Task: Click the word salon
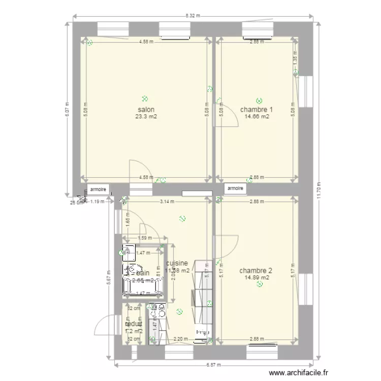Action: pyautogui.click(x=145, y=109)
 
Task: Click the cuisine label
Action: pyautogui.click(x=177, y=264)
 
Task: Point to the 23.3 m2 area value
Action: pyautogui.click(x=145, y=116)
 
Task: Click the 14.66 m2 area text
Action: pyautogui.click(x=257, y=116)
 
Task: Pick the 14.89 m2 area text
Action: pyautogui.click(x=257, y=277)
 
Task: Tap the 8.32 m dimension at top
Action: pyautogui.click(x=193, y=16)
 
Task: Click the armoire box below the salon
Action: pyautogui.click(x=99, y=189)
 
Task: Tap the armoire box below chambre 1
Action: pyautogui.click(x=235, y=188)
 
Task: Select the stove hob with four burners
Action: pyautogui.click(x=156, y=307)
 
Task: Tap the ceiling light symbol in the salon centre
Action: pyautogui.click(x=145, y=99)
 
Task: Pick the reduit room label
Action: pyautogui.click(x=134, y=324)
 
